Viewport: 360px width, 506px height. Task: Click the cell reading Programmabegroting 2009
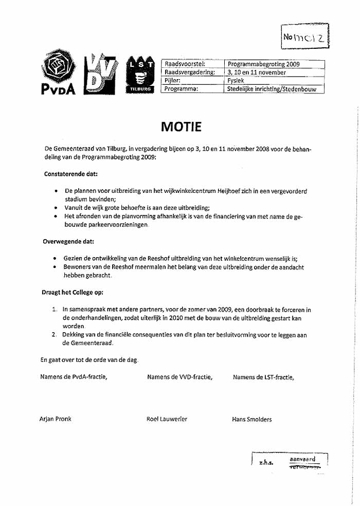(x=263, y=64)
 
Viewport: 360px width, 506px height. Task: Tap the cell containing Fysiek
(x=236, y=81)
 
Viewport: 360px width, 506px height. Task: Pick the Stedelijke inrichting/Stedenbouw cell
(x=275, y=89)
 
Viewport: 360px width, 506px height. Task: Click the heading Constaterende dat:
(x=71, y=174)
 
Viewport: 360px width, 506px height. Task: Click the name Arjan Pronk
(x=56, y=404)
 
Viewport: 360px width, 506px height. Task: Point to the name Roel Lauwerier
(x=167, y=404)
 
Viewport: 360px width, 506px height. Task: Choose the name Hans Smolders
(x=252, y=405)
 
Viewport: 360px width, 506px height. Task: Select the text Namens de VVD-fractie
(x=179, y=377)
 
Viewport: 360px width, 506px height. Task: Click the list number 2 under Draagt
(x=55, y=335)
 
